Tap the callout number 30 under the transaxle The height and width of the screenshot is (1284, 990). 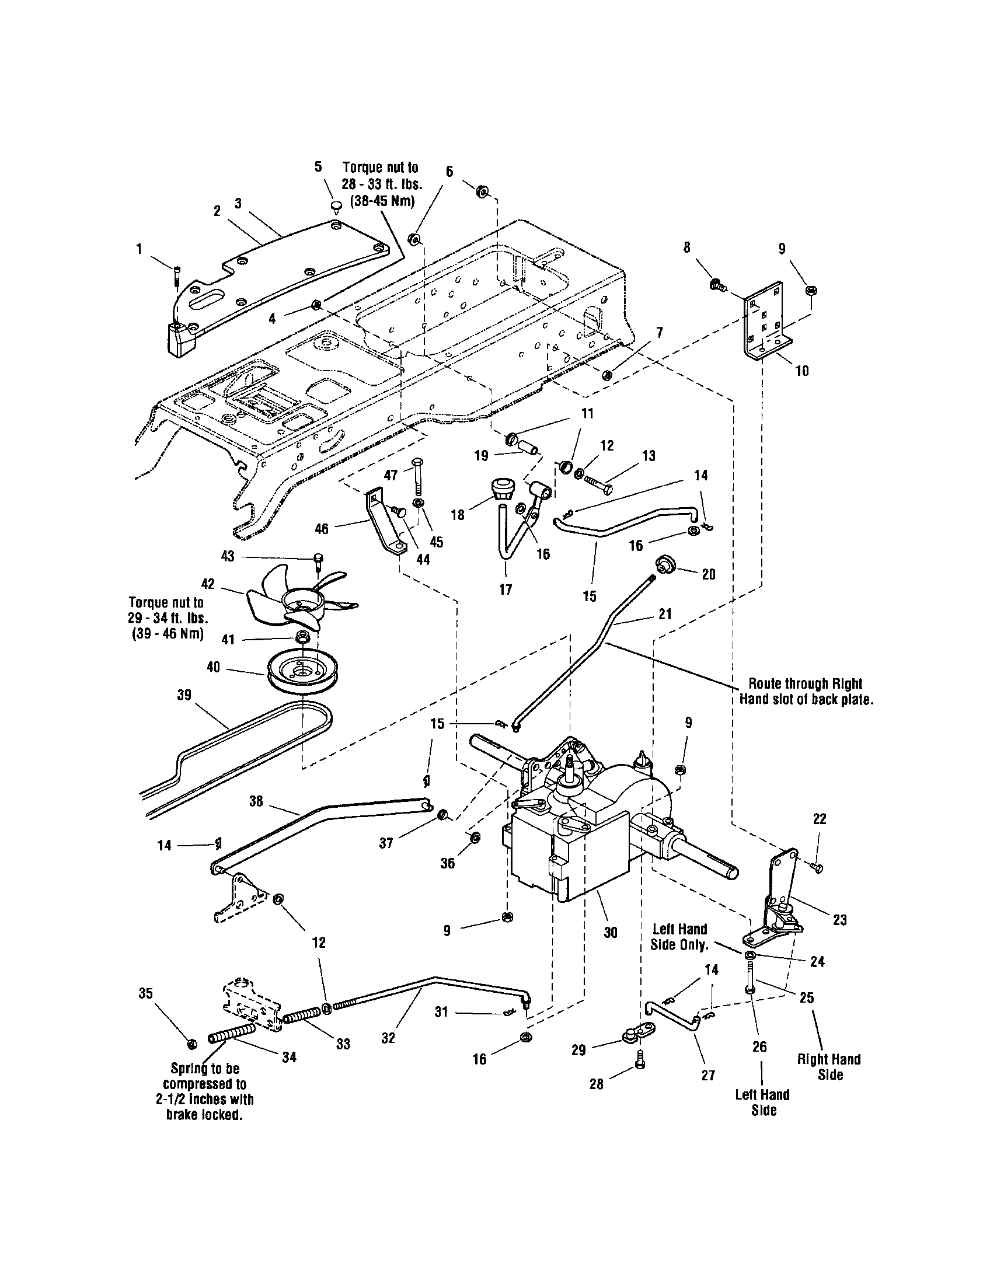click(x=610, y=933)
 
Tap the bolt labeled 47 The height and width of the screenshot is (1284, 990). click(x=417, y=475)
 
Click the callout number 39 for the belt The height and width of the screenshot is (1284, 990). click(x=184, y=696)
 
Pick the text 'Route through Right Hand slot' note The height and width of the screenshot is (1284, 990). click(x=804, y=692)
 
